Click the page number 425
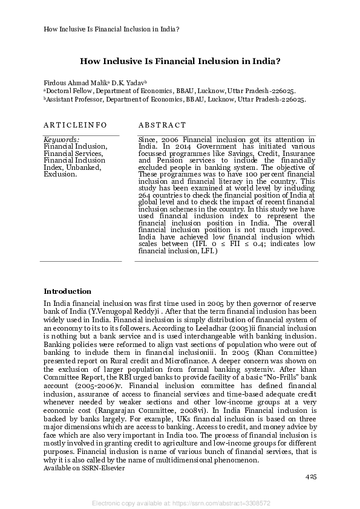pyautogui.click(x=311, y=477)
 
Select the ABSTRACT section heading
pyautogui.click(x=162, y=125)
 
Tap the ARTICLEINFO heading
pyautogui.click(x=75, y=125)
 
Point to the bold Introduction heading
pyautogui.click(x=68, y=291)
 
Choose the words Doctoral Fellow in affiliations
pyautogui.click(x=68, y=90)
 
